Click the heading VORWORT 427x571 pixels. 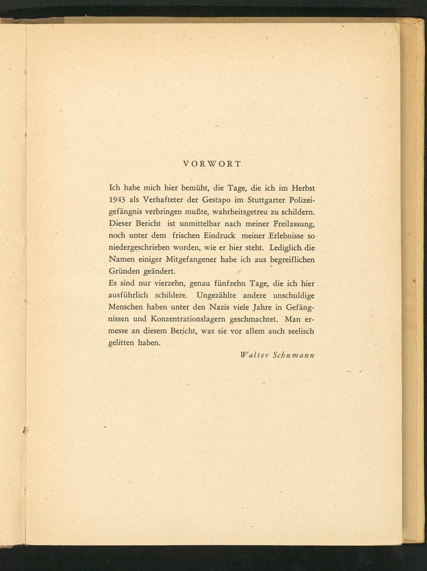tap(212, 164)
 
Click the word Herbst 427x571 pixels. tap(303, 188)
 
